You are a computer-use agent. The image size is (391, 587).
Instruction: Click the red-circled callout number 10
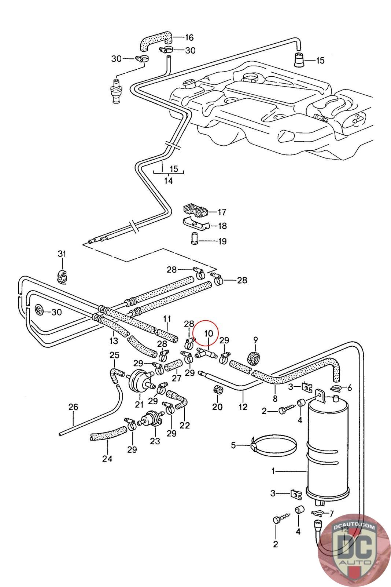point(208,333)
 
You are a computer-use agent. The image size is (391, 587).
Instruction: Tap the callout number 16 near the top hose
point(189,37)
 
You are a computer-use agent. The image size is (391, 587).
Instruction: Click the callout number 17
point(222,212)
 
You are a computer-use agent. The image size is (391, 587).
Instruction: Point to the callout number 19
point(222,241)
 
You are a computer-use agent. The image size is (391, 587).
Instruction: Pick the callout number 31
point(62,254)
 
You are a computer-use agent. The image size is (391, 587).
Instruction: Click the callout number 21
point(139,405)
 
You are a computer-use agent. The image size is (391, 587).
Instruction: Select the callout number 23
point(155,441)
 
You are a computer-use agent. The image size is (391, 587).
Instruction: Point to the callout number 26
point(73,407)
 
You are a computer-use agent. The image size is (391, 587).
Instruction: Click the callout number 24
point(107,459)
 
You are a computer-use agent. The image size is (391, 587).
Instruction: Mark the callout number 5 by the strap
point(233,445)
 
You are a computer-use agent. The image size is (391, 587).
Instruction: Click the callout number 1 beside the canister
point(273,471)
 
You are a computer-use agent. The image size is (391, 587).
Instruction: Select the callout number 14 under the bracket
point(168,181)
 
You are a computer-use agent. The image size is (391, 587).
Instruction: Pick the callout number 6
point(349,388)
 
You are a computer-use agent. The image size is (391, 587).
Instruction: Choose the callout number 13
point(114,341)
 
